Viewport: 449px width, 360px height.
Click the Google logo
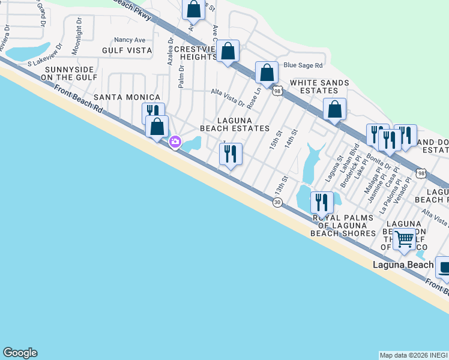[x=20, y=353]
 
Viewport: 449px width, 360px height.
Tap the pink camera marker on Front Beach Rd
[x=175, y=142]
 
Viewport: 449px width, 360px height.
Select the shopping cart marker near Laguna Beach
[x=405, y=239]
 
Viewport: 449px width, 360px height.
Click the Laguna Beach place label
[x=403, y=265]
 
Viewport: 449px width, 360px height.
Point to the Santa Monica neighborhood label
[x=127, y=97]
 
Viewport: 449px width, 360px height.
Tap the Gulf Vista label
[x=127, y=50]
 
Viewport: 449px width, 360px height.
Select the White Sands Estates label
[x=319, y=86]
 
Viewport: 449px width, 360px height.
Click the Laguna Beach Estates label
[x=234, y=124]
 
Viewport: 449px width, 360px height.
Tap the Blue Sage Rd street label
[x=303, y=65]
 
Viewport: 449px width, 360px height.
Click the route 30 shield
[x=277, y=203]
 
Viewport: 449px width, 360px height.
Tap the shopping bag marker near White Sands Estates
[x=334, y=109]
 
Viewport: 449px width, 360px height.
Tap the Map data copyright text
[x=414, y=355]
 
